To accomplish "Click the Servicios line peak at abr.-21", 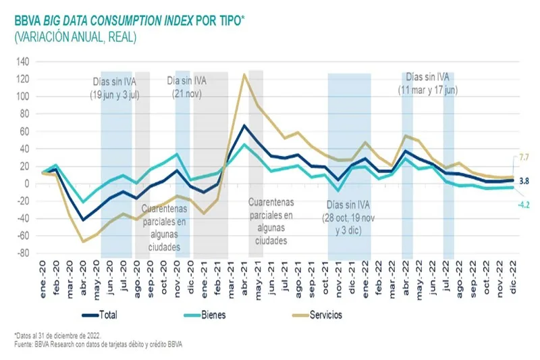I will coord(244,74).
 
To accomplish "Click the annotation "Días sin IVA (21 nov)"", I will coord(187,87).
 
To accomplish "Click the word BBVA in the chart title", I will coord(27,20).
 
